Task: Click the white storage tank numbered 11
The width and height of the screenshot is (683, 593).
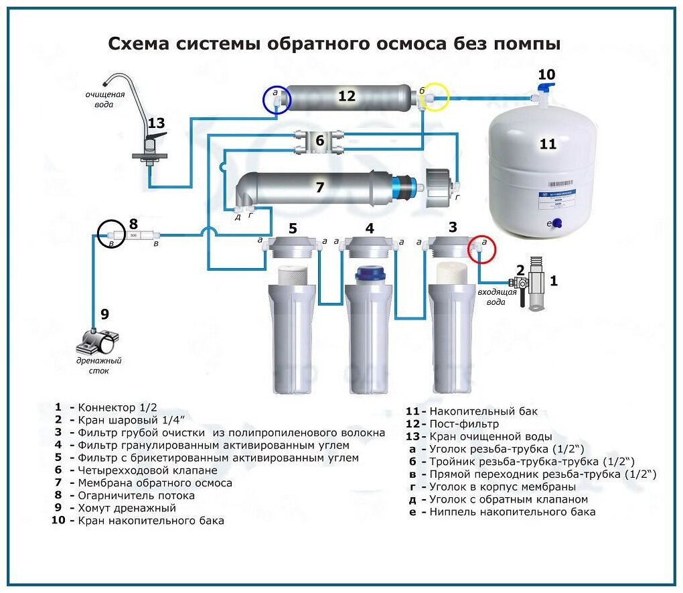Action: click(542, 171)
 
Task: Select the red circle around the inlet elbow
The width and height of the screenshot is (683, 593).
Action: click(481, 250)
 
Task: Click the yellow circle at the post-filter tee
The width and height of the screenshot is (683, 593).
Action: click(433, 97)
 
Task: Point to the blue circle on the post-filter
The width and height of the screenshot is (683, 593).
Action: click(276, 101)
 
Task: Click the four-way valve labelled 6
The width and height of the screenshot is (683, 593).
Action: click(319, 141)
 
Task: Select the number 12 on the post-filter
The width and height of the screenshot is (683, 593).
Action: click(346, 96)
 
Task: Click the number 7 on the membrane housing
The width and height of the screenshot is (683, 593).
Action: click(319, 188)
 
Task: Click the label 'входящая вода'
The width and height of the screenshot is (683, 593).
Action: click(496, 297)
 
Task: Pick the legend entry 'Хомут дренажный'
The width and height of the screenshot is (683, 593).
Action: click(127, 508)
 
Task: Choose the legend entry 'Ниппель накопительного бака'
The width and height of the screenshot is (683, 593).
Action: click(512, 512)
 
